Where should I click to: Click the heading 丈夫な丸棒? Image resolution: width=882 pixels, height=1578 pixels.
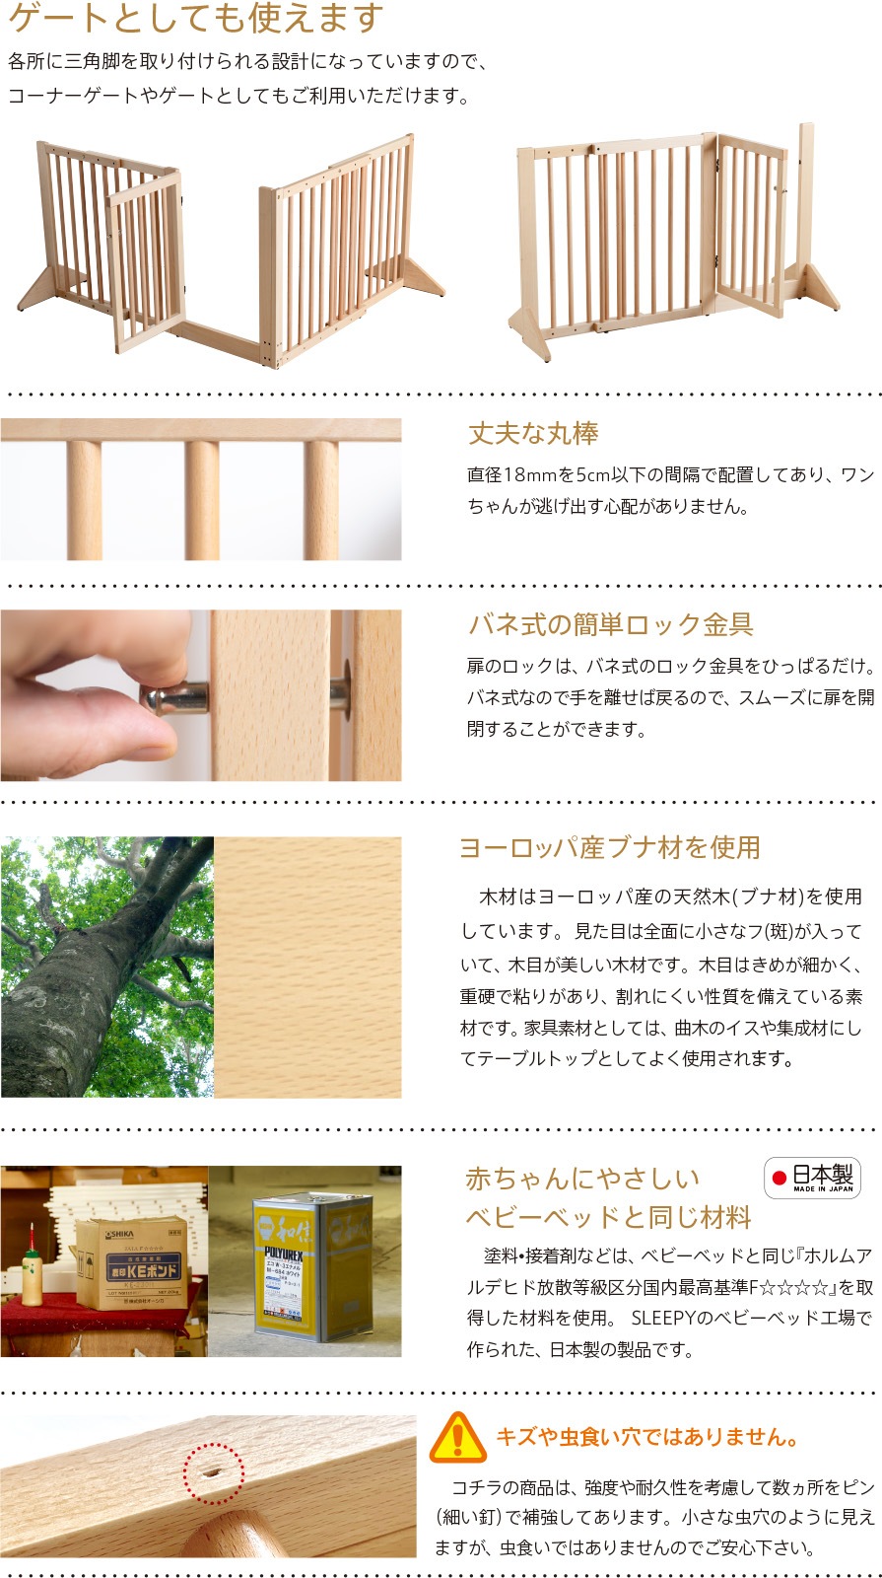tap(533, 433)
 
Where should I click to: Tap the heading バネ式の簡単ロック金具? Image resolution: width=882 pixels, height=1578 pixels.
tap(611, 624)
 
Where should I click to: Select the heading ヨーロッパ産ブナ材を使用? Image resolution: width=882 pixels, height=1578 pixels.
tap(610, 847)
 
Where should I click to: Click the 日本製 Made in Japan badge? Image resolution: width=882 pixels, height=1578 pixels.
tap(812, 1178)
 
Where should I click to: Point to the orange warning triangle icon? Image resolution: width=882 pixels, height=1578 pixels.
tap(458, 1437)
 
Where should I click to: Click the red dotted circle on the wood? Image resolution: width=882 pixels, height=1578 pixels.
tap(214, 1473)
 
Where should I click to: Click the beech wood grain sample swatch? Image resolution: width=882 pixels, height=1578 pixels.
tap(307, 967)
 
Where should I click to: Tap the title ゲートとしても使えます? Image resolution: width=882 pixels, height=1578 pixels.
tap(196, 18)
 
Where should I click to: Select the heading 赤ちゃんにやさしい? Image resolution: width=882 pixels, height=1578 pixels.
tap(582, 1178)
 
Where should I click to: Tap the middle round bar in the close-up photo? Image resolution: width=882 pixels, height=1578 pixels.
tap(202, 500)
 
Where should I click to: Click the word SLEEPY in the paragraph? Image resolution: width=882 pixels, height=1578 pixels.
tap(663, 1318)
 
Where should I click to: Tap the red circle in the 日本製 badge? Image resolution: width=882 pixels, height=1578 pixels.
tap(780, 1178)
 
